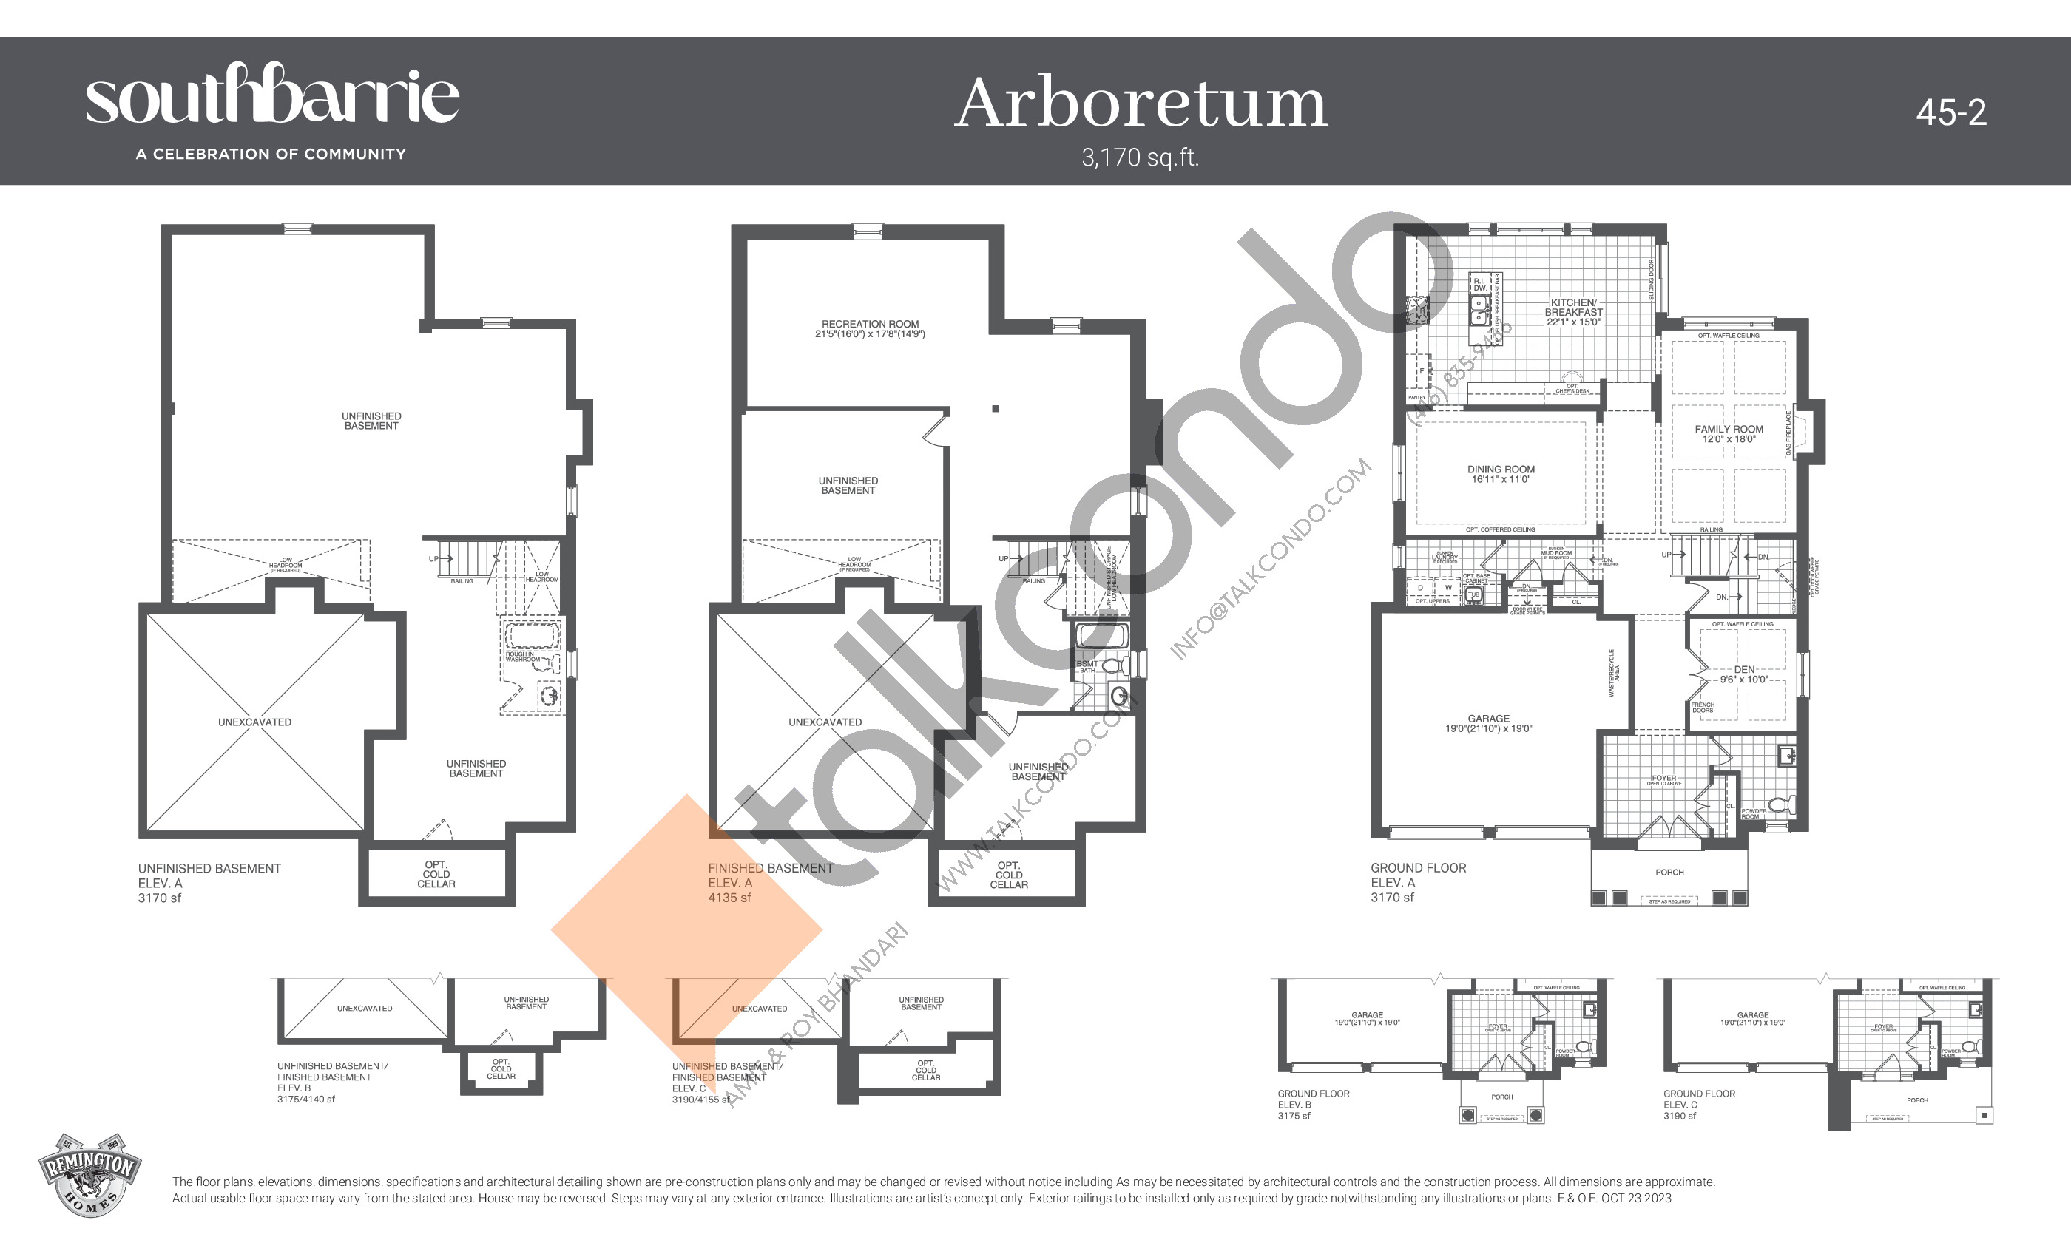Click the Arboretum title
coord(1141,104)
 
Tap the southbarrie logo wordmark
coord(272,97)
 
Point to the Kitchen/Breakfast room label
coord(1572,312)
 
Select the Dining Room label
coord(1500,474)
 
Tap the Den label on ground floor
coord(1743,674)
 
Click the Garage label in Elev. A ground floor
coord(1487,723)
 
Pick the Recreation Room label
coord(870,328)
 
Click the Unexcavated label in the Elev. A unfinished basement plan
coord(254,722)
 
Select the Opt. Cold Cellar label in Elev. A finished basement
coord(1009,875)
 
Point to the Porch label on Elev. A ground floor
coord(1669,873)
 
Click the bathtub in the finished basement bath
coord(1102,634)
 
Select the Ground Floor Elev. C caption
coord(1699,1099)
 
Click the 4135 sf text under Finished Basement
coord(729,898)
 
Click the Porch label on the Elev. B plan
coord(1501,1097)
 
